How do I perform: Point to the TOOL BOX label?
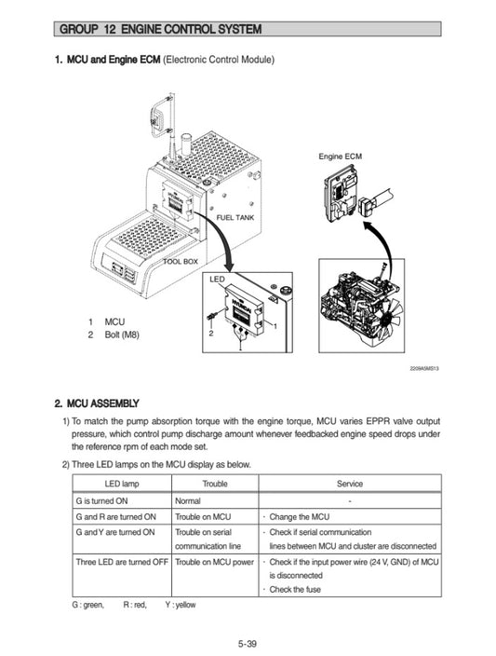click(181, 262)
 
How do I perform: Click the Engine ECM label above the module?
click(340, 156)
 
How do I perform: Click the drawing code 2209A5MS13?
click(423, 368)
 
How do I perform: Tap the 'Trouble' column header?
click(215, 484)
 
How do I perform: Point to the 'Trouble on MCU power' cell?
click(215, 562)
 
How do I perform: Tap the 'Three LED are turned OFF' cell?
click(122, 562)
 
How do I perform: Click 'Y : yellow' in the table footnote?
click(181, 606)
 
